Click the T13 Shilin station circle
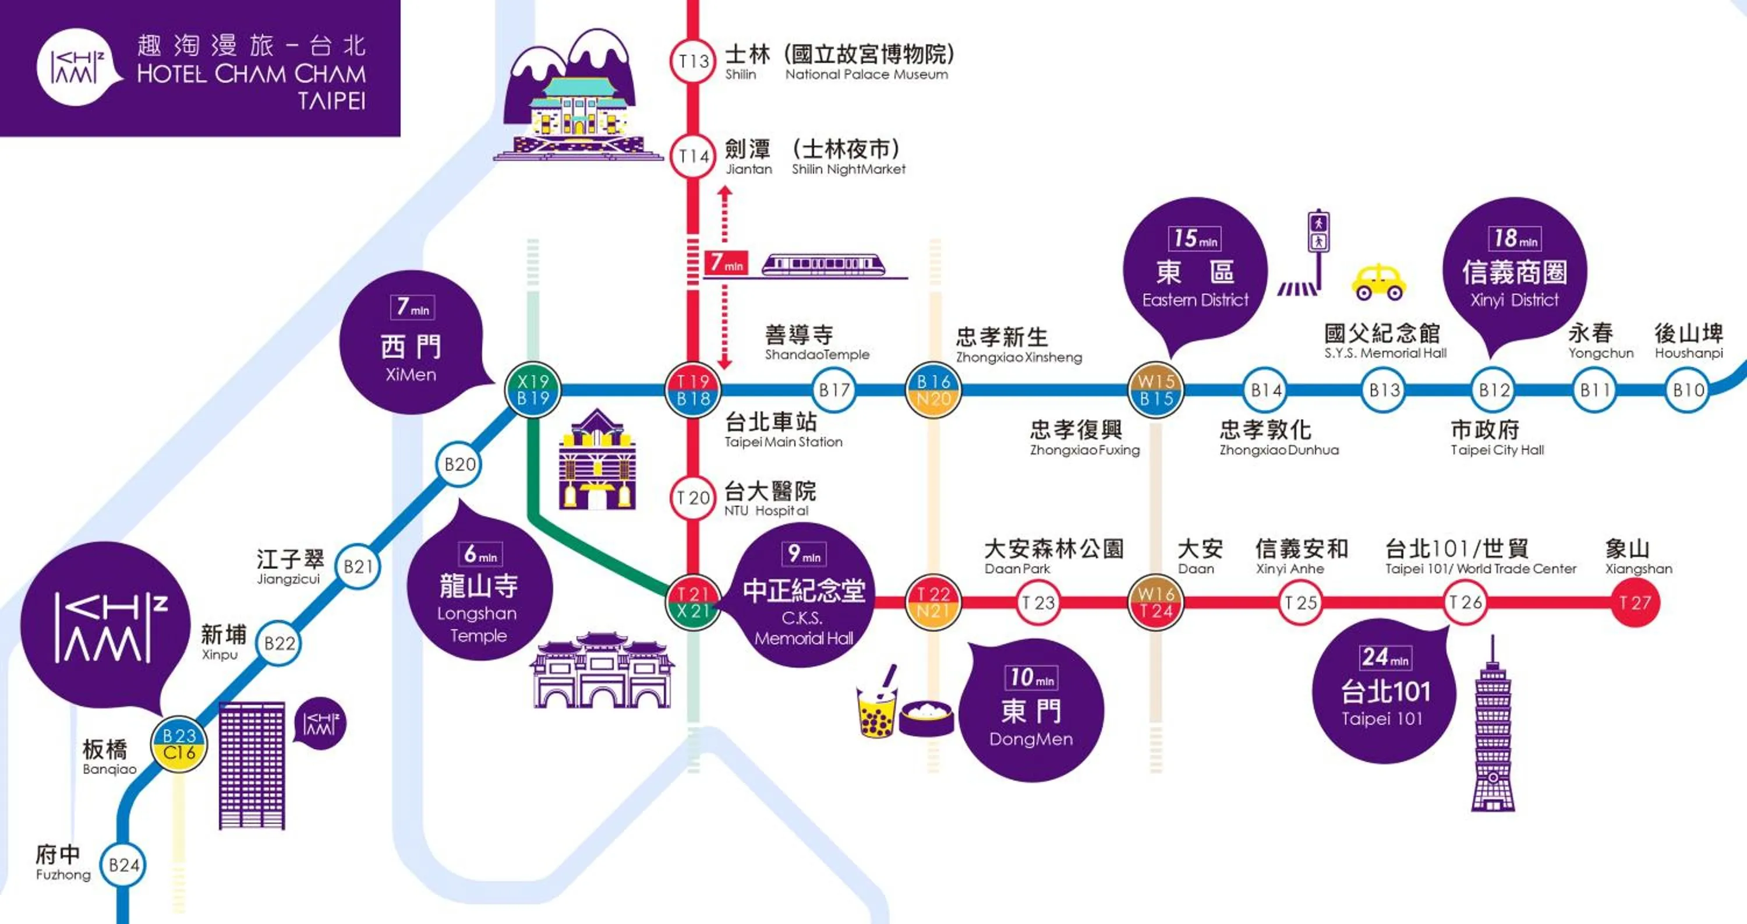[692, 61]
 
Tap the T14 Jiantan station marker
[692, 156]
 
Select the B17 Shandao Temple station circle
[834, 390]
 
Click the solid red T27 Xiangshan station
[1635, 602]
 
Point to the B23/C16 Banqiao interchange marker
[179, 744]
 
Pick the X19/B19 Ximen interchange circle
[533, 390]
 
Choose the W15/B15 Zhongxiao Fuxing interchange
[1157, 390]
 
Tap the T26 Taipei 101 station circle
[1465, 602]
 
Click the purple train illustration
[824, 264]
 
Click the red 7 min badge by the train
[726, 263]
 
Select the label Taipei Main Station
[783, 442]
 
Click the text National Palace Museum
[867, 75]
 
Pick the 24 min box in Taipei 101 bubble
[1385, 657]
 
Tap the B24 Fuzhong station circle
[123, 865]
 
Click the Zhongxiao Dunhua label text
[1279, 450]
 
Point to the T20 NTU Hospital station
[692, 498]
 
